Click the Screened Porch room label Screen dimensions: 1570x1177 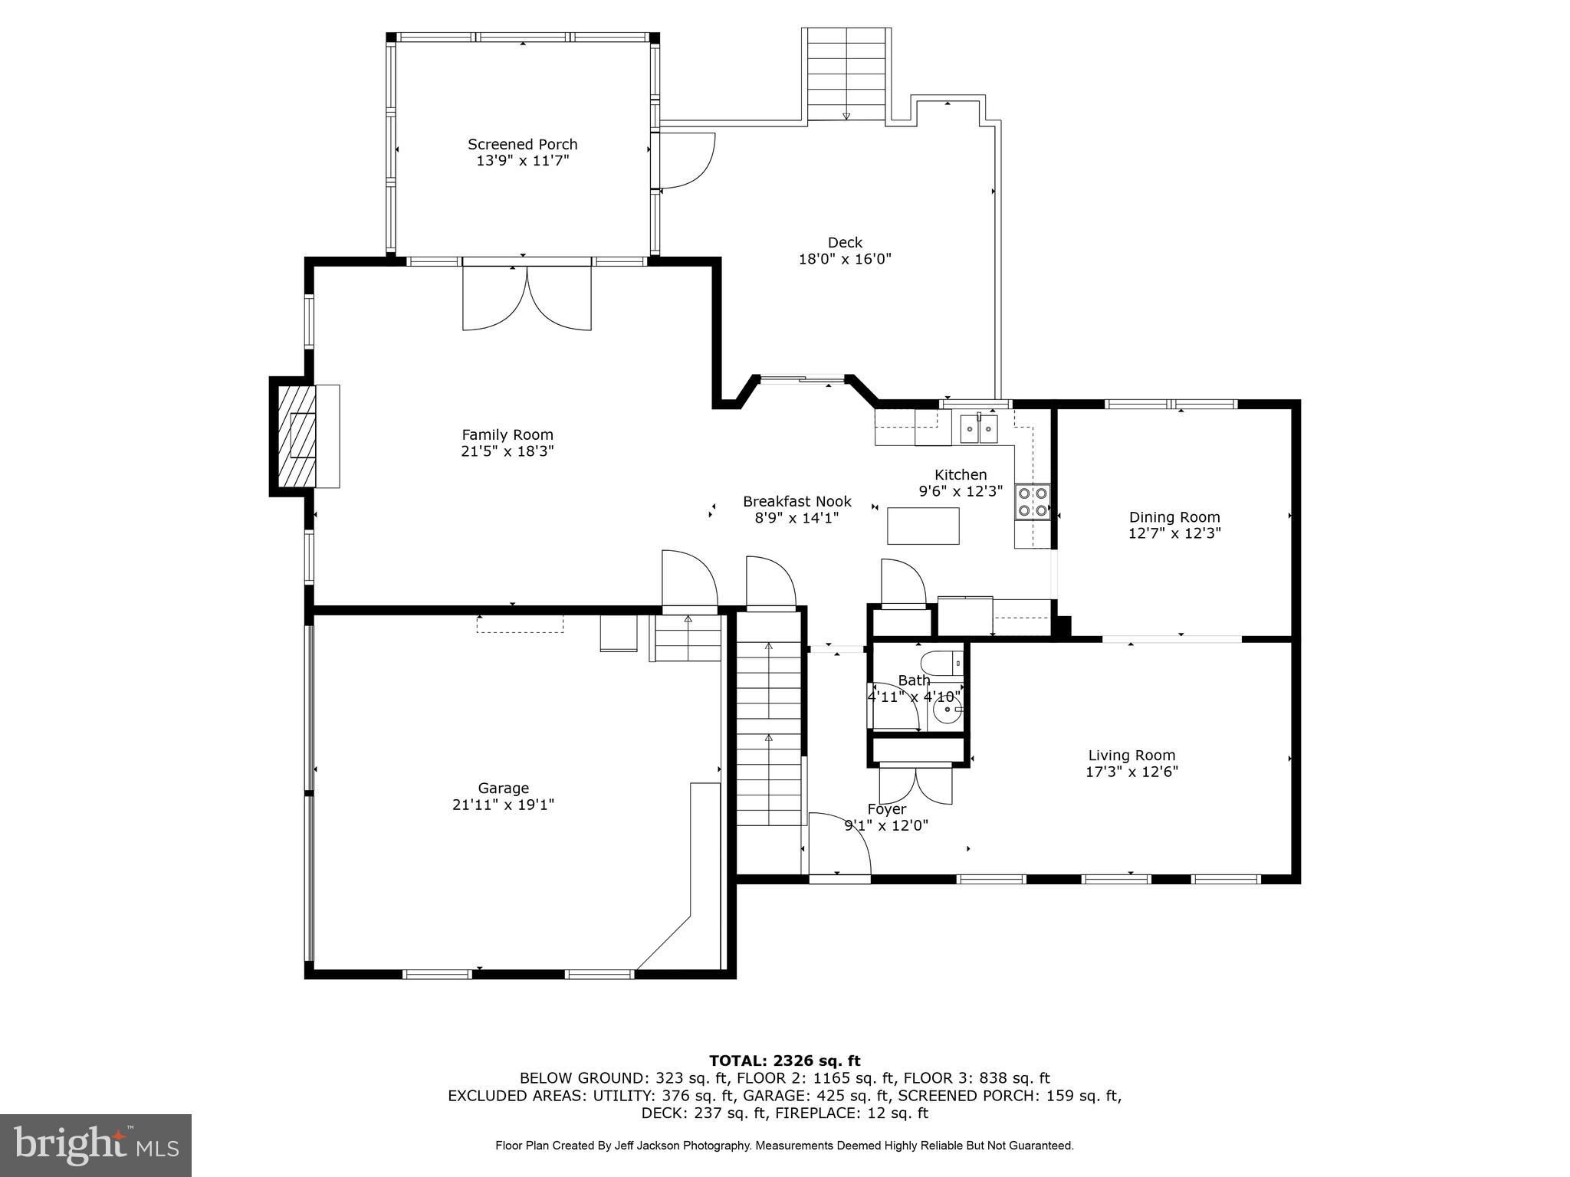coord(523,144)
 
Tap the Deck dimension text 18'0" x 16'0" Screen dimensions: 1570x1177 coord(845,259)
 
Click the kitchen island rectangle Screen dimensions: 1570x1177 coord(923,526)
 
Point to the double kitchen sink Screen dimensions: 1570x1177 coord(979,428)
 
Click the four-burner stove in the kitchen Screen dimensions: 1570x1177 coord(1033,502)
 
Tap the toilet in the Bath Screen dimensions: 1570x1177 coord(942,663)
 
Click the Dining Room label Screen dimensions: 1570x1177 coord(1174,517)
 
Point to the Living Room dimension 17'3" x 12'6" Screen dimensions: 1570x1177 coord(1132,772)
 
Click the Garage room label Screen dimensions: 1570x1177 coord(504,788)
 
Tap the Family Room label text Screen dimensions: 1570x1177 coord(507,434)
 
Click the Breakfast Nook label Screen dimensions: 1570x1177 coord(797,501)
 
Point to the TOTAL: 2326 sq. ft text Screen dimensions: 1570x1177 coord(784,1061)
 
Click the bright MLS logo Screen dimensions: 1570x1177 coord(96,1145)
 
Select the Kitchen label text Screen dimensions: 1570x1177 coord(961,474)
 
